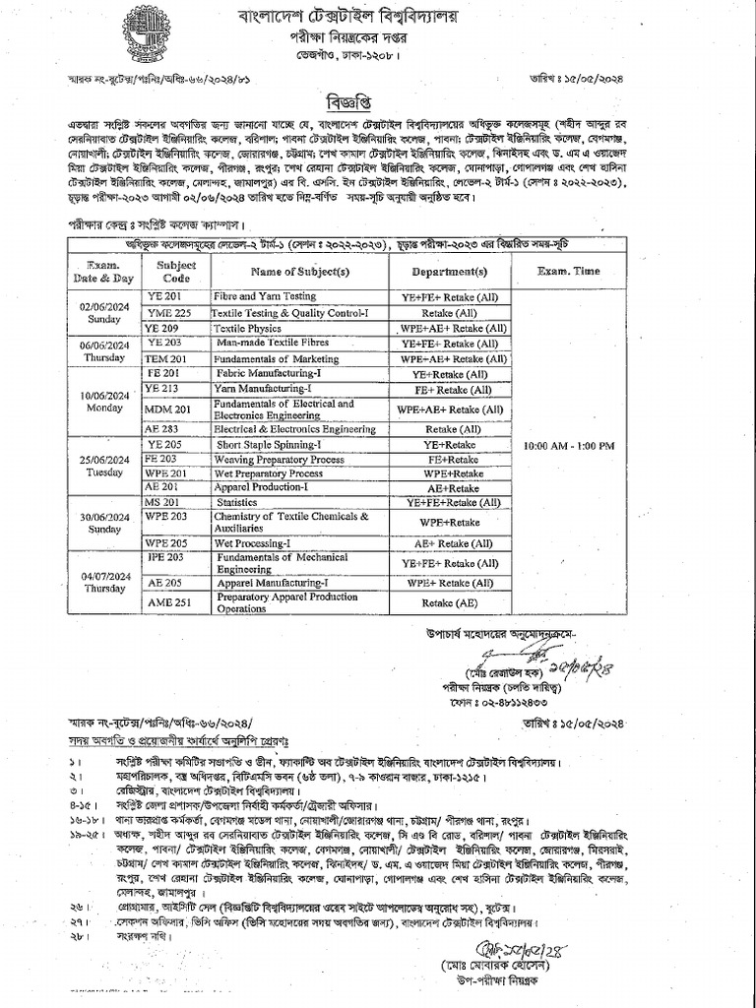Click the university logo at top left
[x=147, y=31]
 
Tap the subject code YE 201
[x=164, y=295]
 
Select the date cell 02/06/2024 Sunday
[x=103, y=312]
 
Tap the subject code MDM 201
[x=167, y=409]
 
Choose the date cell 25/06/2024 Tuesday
[x=103, y=467]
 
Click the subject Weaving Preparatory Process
[x=280, y=460]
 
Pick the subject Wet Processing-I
[x=256, y=542]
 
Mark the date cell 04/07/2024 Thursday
[x=103, y=580]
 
